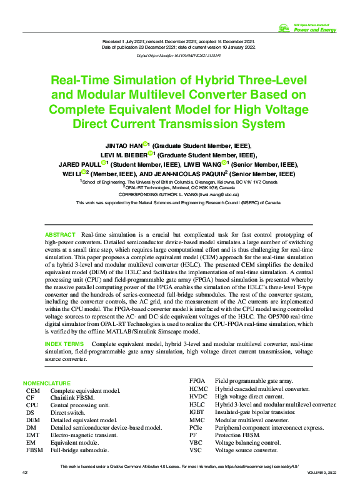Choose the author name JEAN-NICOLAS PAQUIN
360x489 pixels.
[192, 174]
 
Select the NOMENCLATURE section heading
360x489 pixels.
[47, 383]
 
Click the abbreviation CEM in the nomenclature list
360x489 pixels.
[33, 390]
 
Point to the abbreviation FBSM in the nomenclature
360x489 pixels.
[35, 450]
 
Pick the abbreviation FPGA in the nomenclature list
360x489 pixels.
[198, 380]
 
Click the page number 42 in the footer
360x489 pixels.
[26, 472]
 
